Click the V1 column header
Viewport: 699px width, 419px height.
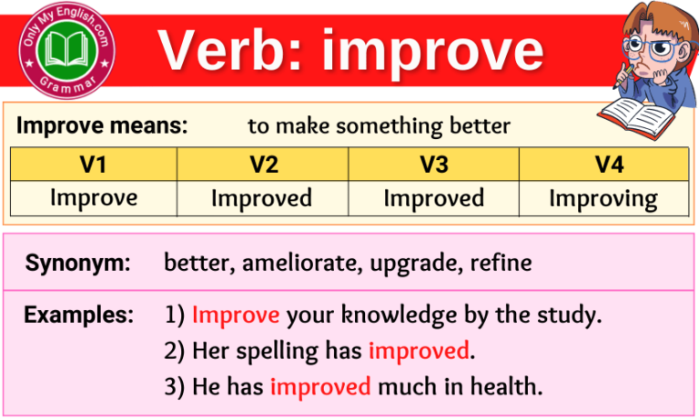(94, 165)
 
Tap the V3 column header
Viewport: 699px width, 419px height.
(433, 165)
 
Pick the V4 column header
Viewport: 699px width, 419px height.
(603, 165)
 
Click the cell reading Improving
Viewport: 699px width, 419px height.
(603, 198)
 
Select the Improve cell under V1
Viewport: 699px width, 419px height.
(94, 197)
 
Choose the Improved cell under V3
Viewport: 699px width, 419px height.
(433, 197)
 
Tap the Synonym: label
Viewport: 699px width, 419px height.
(77, 264)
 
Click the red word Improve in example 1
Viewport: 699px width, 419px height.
(236, 315)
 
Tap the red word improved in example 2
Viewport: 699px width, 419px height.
(419, 350)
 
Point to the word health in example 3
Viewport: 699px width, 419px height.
(502, 385)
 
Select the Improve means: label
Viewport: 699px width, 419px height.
(102, 126)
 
